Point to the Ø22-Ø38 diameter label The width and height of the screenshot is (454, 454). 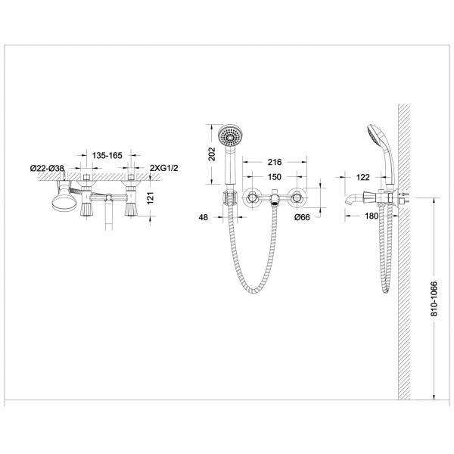[48, 167]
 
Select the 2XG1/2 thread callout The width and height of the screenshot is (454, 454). [164, 167]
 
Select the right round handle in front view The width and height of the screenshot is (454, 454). [297, 197]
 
